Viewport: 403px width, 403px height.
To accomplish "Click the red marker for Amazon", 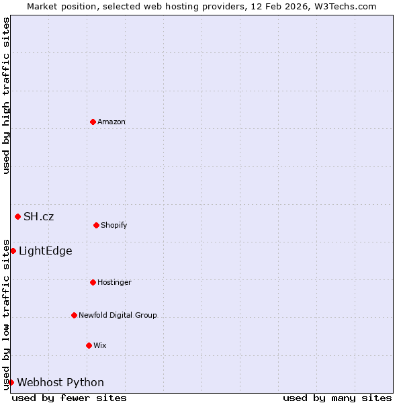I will (x=93, y=122).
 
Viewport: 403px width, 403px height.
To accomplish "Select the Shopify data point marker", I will (x=96, y=225).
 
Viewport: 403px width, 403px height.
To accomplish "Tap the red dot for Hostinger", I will (x=93, y=282).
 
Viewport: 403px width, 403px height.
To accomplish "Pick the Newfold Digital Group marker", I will (x=74, y=315).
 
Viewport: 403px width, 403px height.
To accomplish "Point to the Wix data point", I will (x=89, y=345).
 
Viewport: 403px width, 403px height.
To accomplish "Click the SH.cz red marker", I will (x=17, y=216).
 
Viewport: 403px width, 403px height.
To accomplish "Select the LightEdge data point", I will (x=13, y=251).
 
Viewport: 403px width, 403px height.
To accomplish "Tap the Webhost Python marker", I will (x=11, y=382).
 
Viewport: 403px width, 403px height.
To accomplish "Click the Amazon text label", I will (x=111, y=122).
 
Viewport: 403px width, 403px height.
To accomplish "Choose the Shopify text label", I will (x=114, y=225).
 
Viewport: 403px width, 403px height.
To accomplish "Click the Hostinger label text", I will (x=114, y=282).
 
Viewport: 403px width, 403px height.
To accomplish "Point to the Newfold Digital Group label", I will (x=118, y=315).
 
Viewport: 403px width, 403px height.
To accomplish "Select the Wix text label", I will (x=100, y=345).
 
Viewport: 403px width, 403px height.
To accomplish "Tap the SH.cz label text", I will (x=38, y=216).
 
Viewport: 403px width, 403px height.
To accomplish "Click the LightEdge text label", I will (x=45, y=251).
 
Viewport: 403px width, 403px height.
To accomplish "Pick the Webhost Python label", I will (x=60, y=382).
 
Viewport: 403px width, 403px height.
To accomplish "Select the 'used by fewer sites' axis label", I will (x=69, y=398).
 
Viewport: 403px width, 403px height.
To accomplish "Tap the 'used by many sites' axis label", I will (x=337, y=398).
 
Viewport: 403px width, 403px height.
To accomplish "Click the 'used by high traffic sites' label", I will (x=6, y=95).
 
